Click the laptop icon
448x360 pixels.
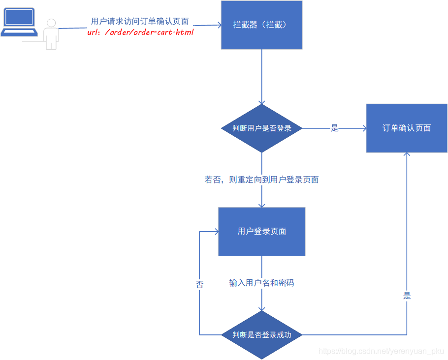[x=19, y=22]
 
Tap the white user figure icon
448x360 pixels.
[x=51, y=34]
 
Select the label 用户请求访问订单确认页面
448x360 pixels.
[x=140, y=22]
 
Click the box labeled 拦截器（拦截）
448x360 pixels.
[x=261, y=25]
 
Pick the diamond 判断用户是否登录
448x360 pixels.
[x=261, y=128]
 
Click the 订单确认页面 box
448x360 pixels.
[x=407, y=128]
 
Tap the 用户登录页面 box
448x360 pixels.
[x=261, y=231]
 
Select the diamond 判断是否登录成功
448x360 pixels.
[x=261, y=335]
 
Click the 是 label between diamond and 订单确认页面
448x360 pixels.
[x=335, y=128]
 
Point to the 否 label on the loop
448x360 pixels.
[x=199, y=284]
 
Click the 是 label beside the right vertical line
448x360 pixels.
[x=407, y=296]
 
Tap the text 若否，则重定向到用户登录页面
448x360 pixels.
[x=261, y=180]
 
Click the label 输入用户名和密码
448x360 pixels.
[x=261, y=283]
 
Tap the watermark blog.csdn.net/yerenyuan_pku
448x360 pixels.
[x=381, y=351]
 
